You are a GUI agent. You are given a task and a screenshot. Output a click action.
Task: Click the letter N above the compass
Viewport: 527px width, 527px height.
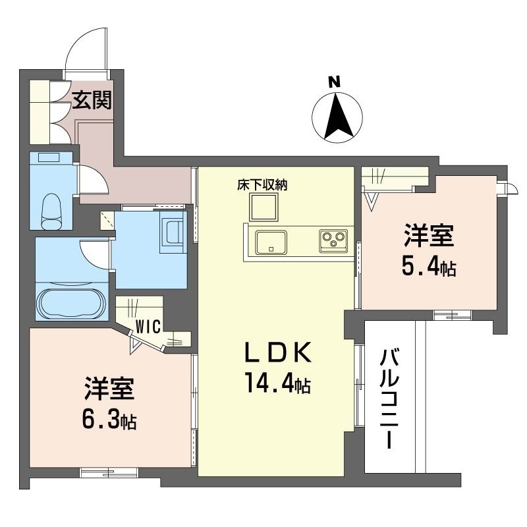(335, 82)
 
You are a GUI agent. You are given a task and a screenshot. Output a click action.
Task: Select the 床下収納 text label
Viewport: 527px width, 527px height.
(262, 185)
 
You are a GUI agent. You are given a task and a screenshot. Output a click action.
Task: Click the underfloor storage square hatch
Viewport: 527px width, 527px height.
(264, 207)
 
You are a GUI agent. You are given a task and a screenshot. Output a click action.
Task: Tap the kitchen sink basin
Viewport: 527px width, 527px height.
(271, 242)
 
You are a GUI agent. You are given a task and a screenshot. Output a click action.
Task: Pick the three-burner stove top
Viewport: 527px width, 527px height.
(333, 240)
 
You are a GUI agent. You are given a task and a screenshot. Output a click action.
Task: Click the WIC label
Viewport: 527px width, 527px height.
(148, 326)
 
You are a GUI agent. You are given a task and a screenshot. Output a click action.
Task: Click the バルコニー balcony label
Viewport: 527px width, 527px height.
(389, 399)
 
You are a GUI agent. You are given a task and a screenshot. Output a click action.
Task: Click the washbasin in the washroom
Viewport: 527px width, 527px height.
(173, 232)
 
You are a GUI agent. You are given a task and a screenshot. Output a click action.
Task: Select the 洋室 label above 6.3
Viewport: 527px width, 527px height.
(109, 389)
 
